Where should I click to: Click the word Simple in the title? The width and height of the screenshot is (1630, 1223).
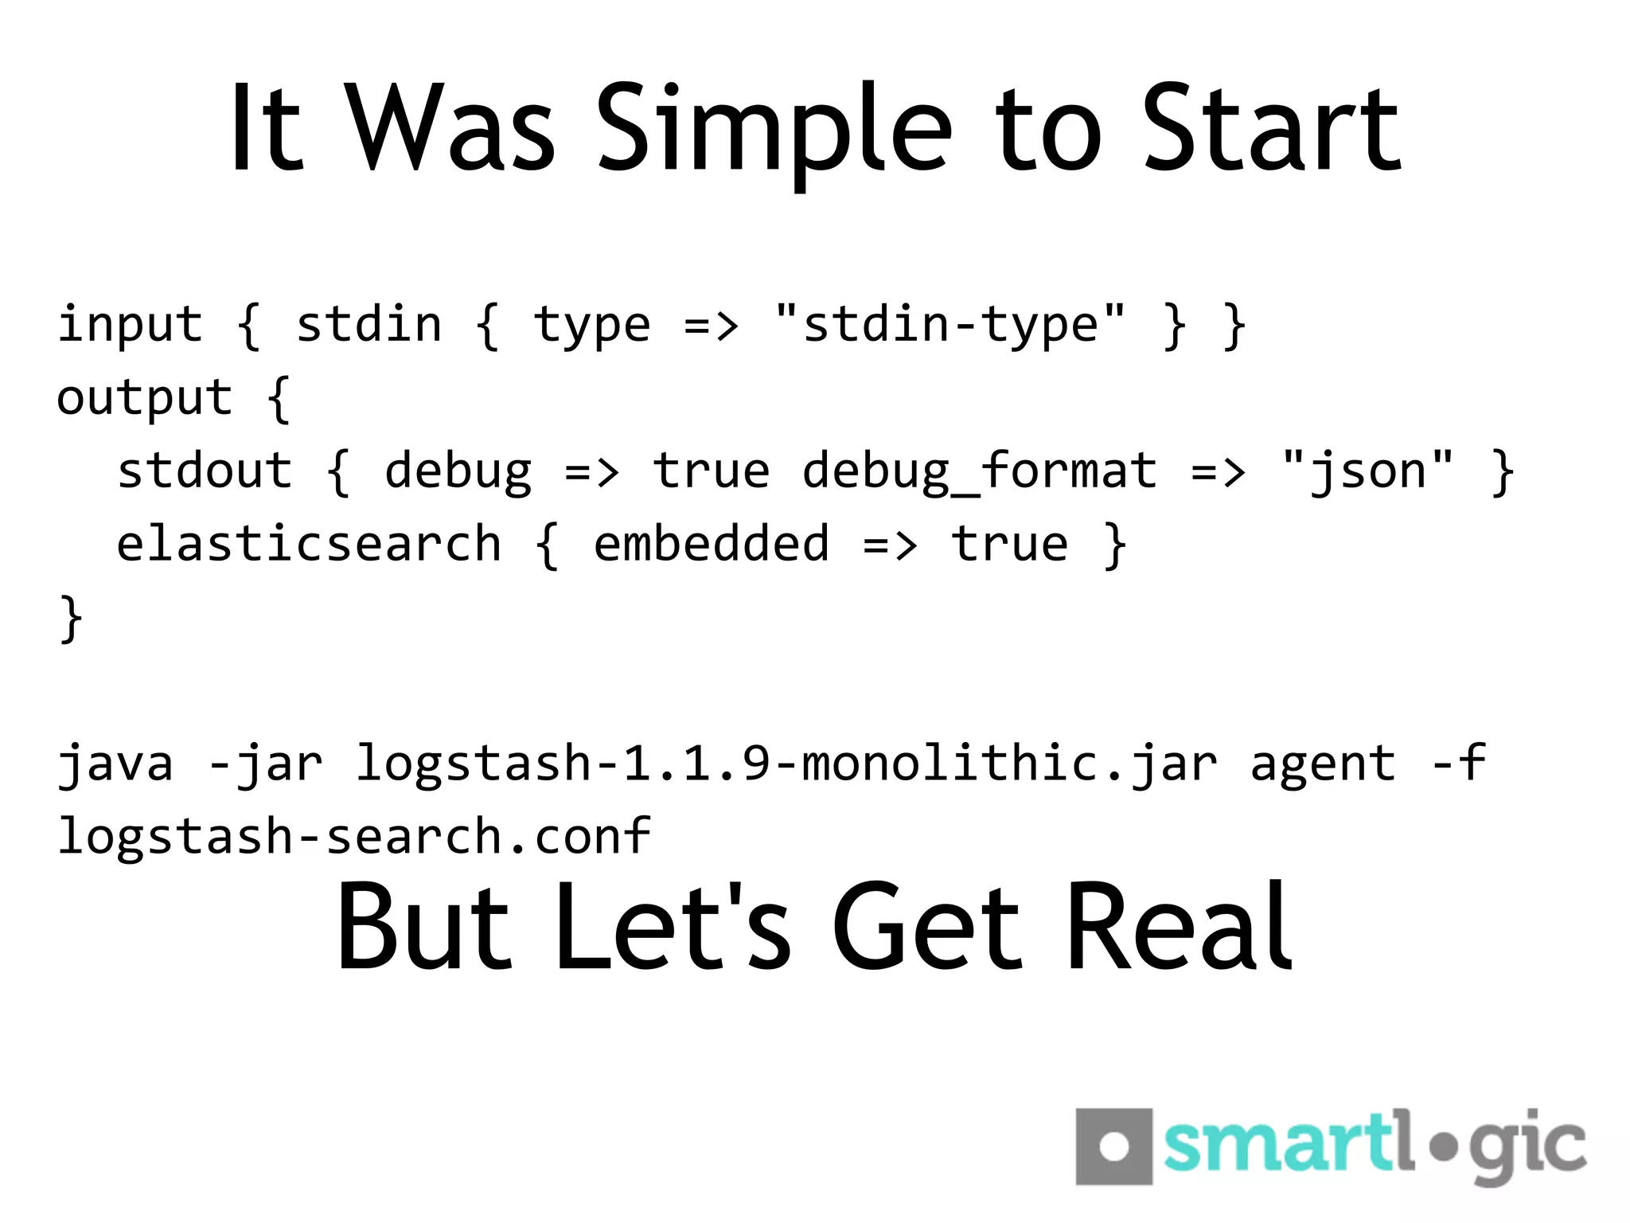coord(774,130)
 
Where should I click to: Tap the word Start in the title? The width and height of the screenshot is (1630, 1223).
coord(1271,130)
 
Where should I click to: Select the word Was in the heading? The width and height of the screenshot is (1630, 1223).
coord(450,130)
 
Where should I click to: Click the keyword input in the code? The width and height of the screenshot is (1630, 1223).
coord(131,325)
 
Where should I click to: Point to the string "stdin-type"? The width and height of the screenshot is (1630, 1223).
coord(950,325)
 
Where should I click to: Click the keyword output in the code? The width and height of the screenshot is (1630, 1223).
coord(145,398)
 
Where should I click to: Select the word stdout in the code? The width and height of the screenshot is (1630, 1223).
coord(205,471)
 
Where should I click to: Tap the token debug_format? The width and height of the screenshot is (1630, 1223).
coord(979,471)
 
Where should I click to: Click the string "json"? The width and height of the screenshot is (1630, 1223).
coord(1367,471)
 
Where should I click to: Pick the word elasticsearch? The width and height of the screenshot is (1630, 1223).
coord(309,545)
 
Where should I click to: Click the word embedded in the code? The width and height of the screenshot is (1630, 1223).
coord(712,545)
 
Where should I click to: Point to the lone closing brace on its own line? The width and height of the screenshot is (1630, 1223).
coord(72,618)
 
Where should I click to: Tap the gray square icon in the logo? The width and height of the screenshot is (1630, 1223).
coord(1113,1147)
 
